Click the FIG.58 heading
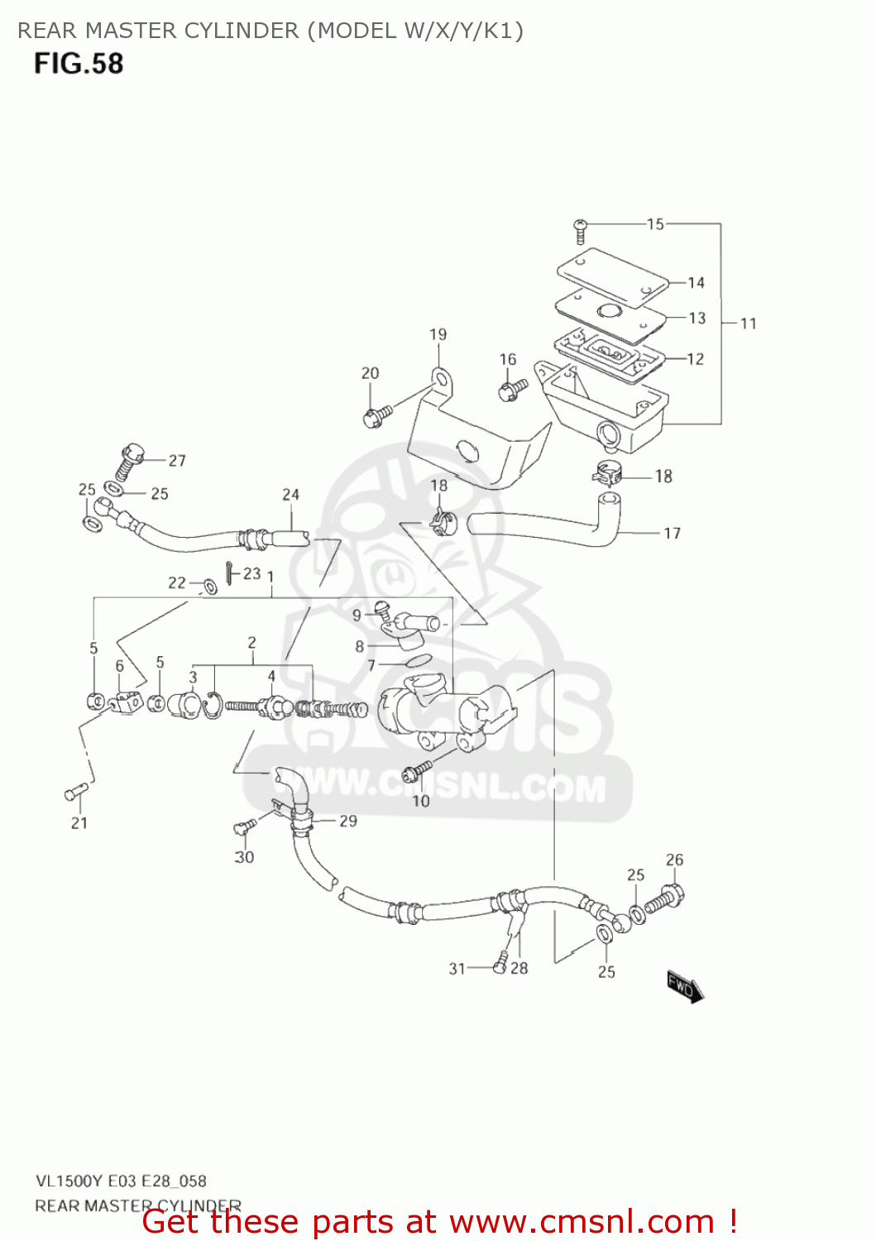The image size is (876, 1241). [79, 64]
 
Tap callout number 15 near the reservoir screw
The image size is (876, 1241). [655, 224]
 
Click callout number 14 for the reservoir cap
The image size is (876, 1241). [696, 283]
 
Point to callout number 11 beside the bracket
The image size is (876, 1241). [749, 323]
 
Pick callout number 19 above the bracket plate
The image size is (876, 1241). [438, 334]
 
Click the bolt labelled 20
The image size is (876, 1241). [373, 414]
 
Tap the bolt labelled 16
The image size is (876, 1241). [512, 387]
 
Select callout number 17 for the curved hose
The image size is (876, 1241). [672, 534]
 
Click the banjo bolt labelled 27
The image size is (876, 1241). [128, 461]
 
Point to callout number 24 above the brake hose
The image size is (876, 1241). [290, 495]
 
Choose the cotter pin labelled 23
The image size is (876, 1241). [228, 571]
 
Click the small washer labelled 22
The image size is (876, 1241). [209, 587]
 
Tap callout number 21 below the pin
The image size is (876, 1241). [79, 822]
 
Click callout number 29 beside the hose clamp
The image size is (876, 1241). [348, 821]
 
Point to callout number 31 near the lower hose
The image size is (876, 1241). [457, 968]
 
